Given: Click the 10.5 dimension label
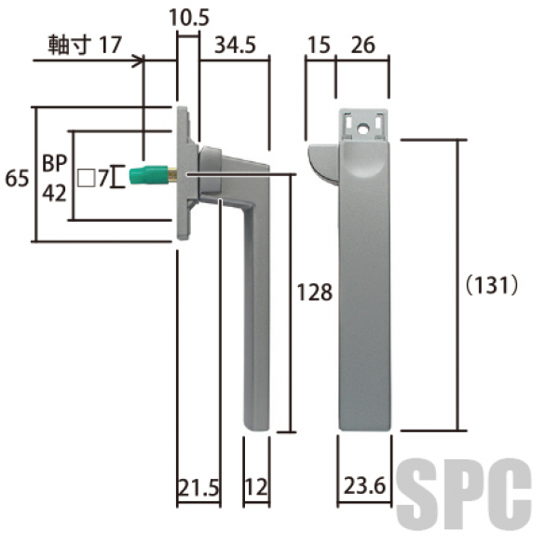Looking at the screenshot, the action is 189,18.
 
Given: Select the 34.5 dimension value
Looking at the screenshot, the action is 236,46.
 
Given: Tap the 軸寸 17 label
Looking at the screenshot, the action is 85,45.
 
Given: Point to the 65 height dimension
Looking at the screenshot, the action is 17,178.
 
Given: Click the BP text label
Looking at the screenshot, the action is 55,163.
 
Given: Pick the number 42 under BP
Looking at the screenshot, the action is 55,193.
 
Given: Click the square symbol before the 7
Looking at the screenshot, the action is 87,178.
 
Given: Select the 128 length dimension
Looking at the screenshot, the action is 315,293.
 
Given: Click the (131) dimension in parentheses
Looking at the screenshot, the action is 492,285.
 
